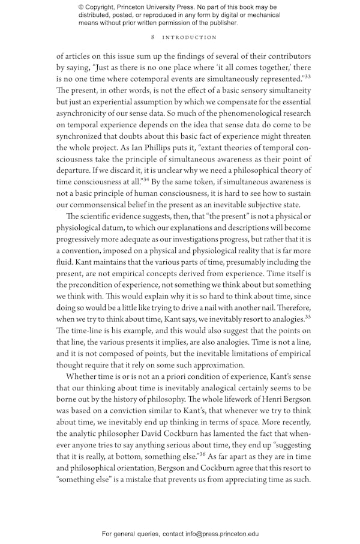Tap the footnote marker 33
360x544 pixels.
pos(307,76)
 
